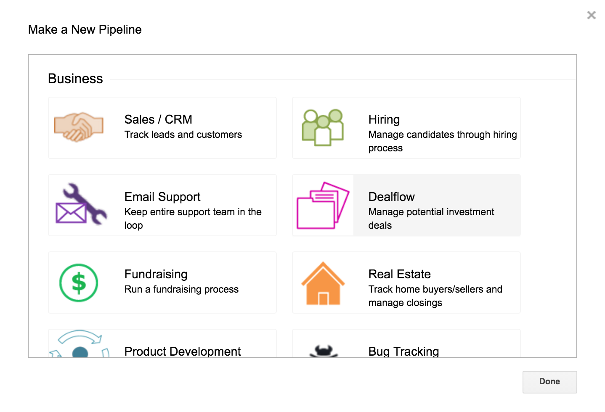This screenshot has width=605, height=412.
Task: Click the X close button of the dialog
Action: [x=591, y=15]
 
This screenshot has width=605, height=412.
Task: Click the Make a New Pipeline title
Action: [x=85, y=29]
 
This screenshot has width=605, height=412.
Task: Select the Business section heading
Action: [x=75, y=79]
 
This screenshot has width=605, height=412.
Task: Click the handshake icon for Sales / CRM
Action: [x=79, y=127]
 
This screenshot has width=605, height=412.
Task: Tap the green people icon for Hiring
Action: [x=323, y=127]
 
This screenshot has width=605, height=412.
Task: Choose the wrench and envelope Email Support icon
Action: [x=81, y=204]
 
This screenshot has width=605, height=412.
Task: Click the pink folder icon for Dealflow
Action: [x=323, y=206]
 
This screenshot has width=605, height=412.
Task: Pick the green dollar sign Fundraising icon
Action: [x=79, y=283]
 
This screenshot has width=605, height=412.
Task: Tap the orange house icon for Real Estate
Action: [x=323, y=284]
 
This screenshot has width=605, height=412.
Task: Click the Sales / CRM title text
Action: [x=158, y=119]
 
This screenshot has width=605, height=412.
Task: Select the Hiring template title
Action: [x=384, y=120]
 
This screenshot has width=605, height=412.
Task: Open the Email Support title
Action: [x=162, y=197]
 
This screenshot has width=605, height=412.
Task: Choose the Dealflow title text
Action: [x=392, y=197]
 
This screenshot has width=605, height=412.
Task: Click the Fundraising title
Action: [x=156, y=275]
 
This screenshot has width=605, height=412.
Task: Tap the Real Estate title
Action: [x=399, y=275]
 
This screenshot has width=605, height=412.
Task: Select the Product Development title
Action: [x=183, y=351]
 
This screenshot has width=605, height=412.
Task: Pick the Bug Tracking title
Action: [x=403, y=351]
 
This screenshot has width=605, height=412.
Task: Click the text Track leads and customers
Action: [x=183, y=135]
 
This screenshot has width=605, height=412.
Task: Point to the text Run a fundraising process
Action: [x=181, y=290]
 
